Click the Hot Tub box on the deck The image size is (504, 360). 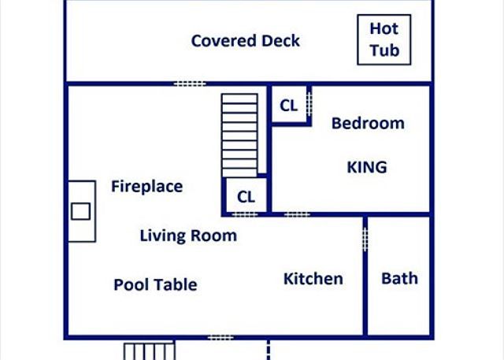point(384,40)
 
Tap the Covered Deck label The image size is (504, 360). point(245,41)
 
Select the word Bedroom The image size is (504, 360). point(368,123)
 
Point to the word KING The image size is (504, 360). point(367,167)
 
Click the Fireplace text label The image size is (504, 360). point(146,187)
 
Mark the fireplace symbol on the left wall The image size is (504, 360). point(81,211)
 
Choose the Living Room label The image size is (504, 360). point(188,236)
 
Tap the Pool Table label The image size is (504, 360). point(155,284)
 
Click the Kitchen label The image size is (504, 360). point(313,279)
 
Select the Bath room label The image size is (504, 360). point(399,279)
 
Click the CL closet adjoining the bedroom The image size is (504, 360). point(289,106)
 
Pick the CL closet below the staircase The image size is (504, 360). point(246,196)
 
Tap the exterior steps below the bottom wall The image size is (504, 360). point(148,351)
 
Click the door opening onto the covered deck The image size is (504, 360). point(189,84)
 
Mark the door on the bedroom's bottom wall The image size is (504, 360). point(297,213)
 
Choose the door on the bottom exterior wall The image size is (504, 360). point(220,337)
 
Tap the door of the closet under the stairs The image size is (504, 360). point(246,213)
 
